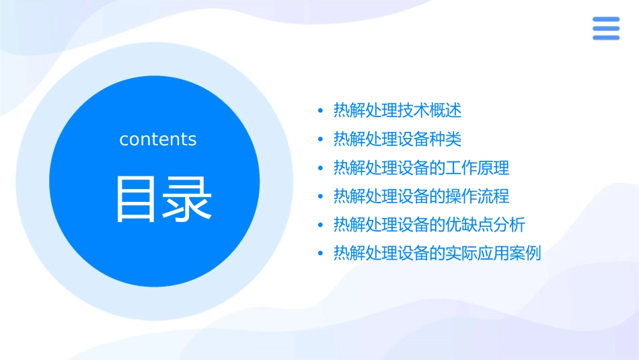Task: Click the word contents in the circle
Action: coord(157,139)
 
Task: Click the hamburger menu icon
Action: coord(605,28)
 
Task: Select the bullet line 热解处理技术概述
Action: coord(397,110)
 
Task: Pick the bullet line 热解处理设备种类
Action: coord(397,139)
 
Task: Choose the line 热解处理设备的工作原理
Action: coord(421,168)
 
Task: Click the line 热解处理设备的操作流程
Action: coord(421,196)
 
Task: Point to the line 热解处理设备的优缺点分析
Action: coord(429,225)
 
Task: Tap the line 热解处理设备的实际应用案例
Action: coord(437,254)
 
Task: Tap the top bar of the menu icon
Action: coord(605,20)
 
